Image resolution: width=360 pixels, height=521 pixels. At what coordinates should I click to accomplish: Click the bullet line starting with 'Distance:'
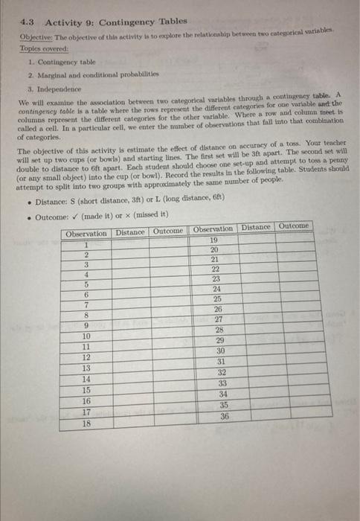[x=104, y=199]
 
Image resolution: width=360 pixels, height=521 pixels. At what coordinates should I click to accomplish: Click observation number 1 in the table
[x=87, y=243]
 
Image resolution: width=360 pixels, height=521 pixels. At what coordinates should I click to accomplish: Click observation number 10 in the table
[x=87, y=336]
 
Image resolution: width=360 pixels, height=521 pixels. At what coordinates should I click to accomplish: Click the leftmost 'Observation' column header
[x=86, y=232]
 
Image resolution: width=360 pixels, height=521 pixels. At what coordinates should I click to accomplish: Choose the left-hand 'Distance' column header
[x=130, y=231]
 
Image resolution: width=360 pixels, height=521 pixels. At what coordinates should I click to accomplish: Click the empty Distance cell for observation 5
[x=130, y=284]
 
